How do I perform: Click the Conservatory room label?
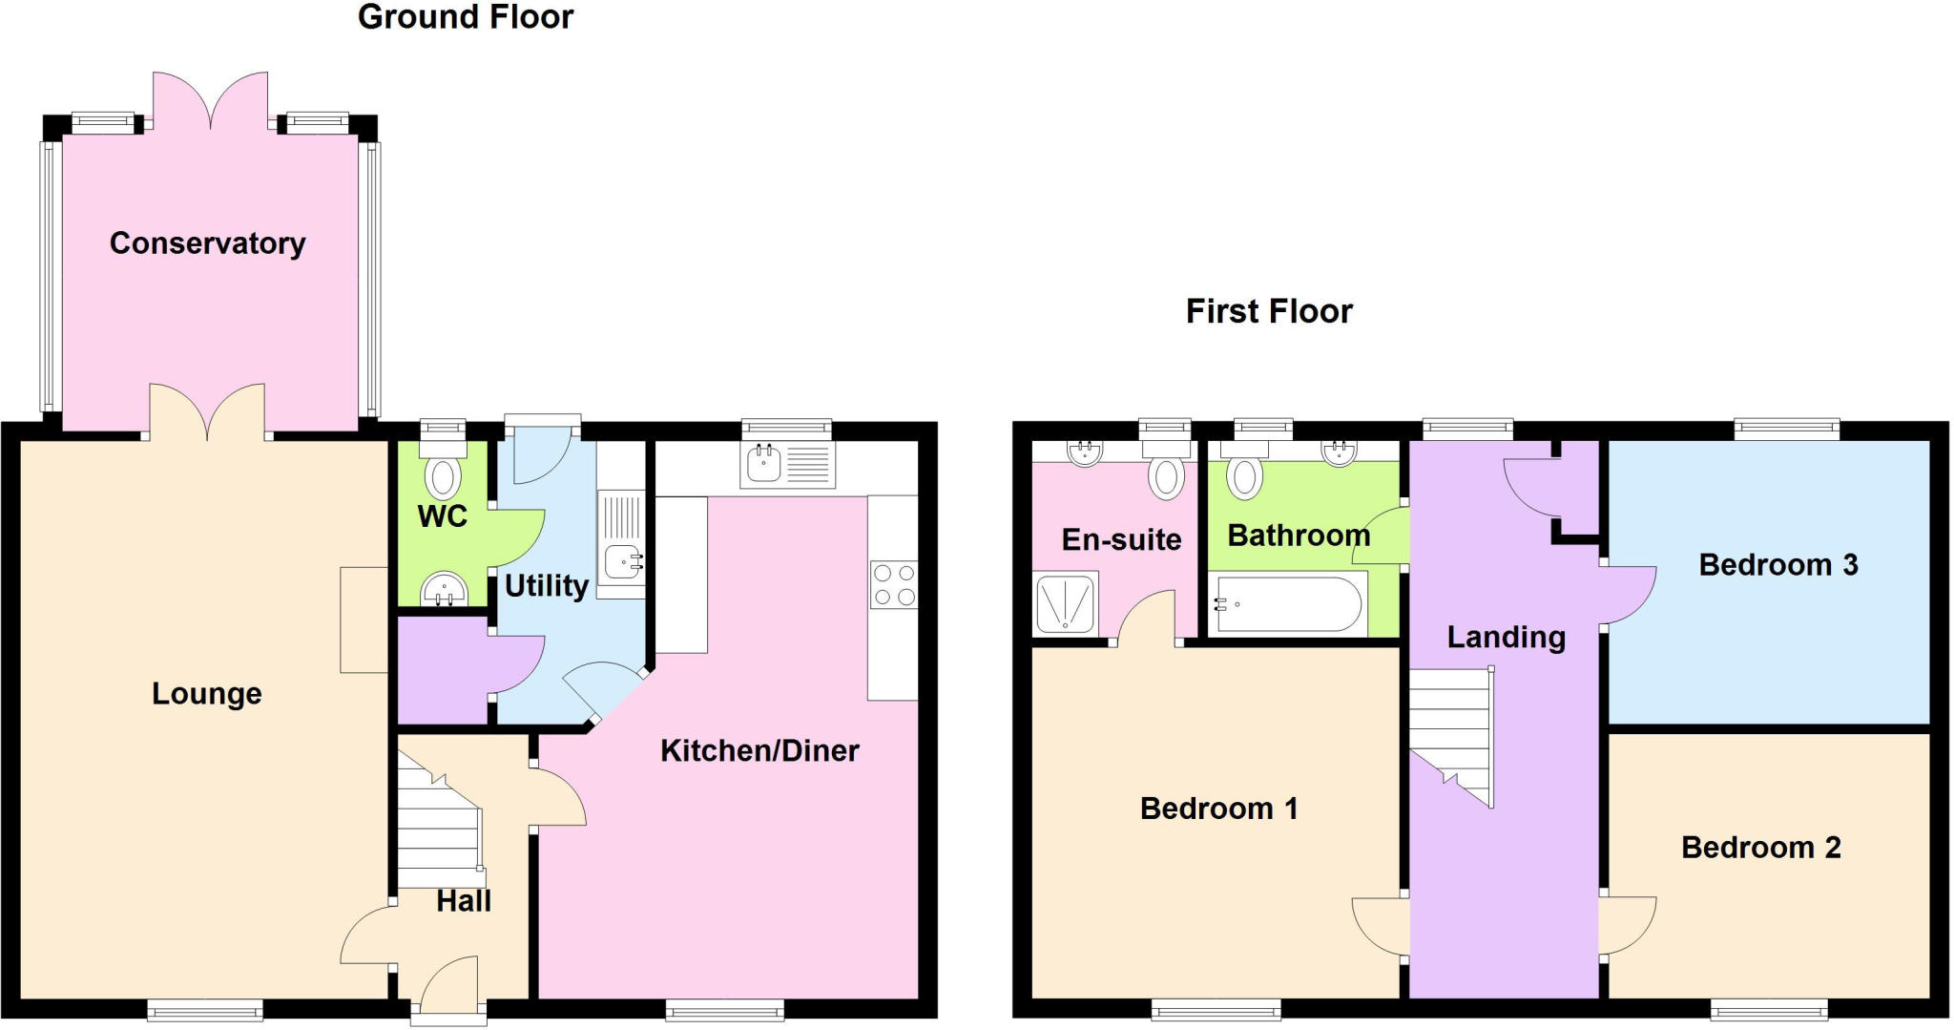207,243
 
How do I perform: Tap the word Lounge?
206,693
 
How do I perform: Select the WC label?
442,516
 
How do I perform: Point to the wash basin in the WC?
444,588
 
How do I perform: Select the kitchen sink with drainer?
786,465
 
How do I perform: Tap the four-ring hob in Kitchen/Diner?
893,584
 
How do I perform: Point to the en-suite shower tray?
1065,603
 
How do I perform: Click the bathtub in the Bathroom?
1287,603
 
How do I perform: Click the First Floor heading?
1268,311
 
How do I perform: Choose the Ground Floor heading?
465,17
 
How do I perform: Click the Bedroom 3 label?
1777,565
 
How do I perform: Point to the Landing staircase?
1450,735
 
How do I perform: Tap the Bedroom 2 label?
1760,847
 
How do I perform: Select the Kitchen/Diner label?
759,750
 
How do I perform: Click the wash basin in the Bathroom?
1340,452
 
